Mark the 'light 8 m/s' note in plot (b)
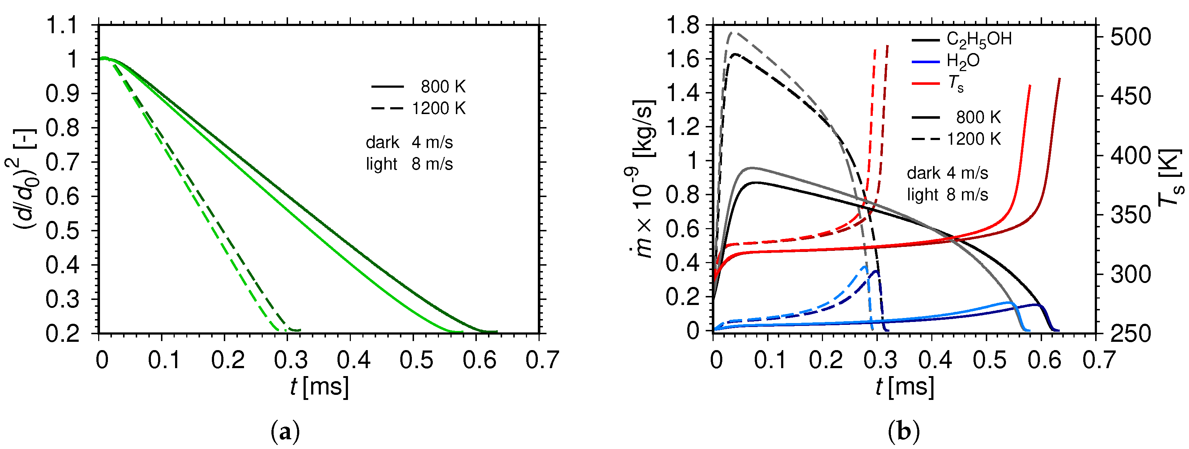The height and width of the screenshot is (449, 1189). tap(947, 195)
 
